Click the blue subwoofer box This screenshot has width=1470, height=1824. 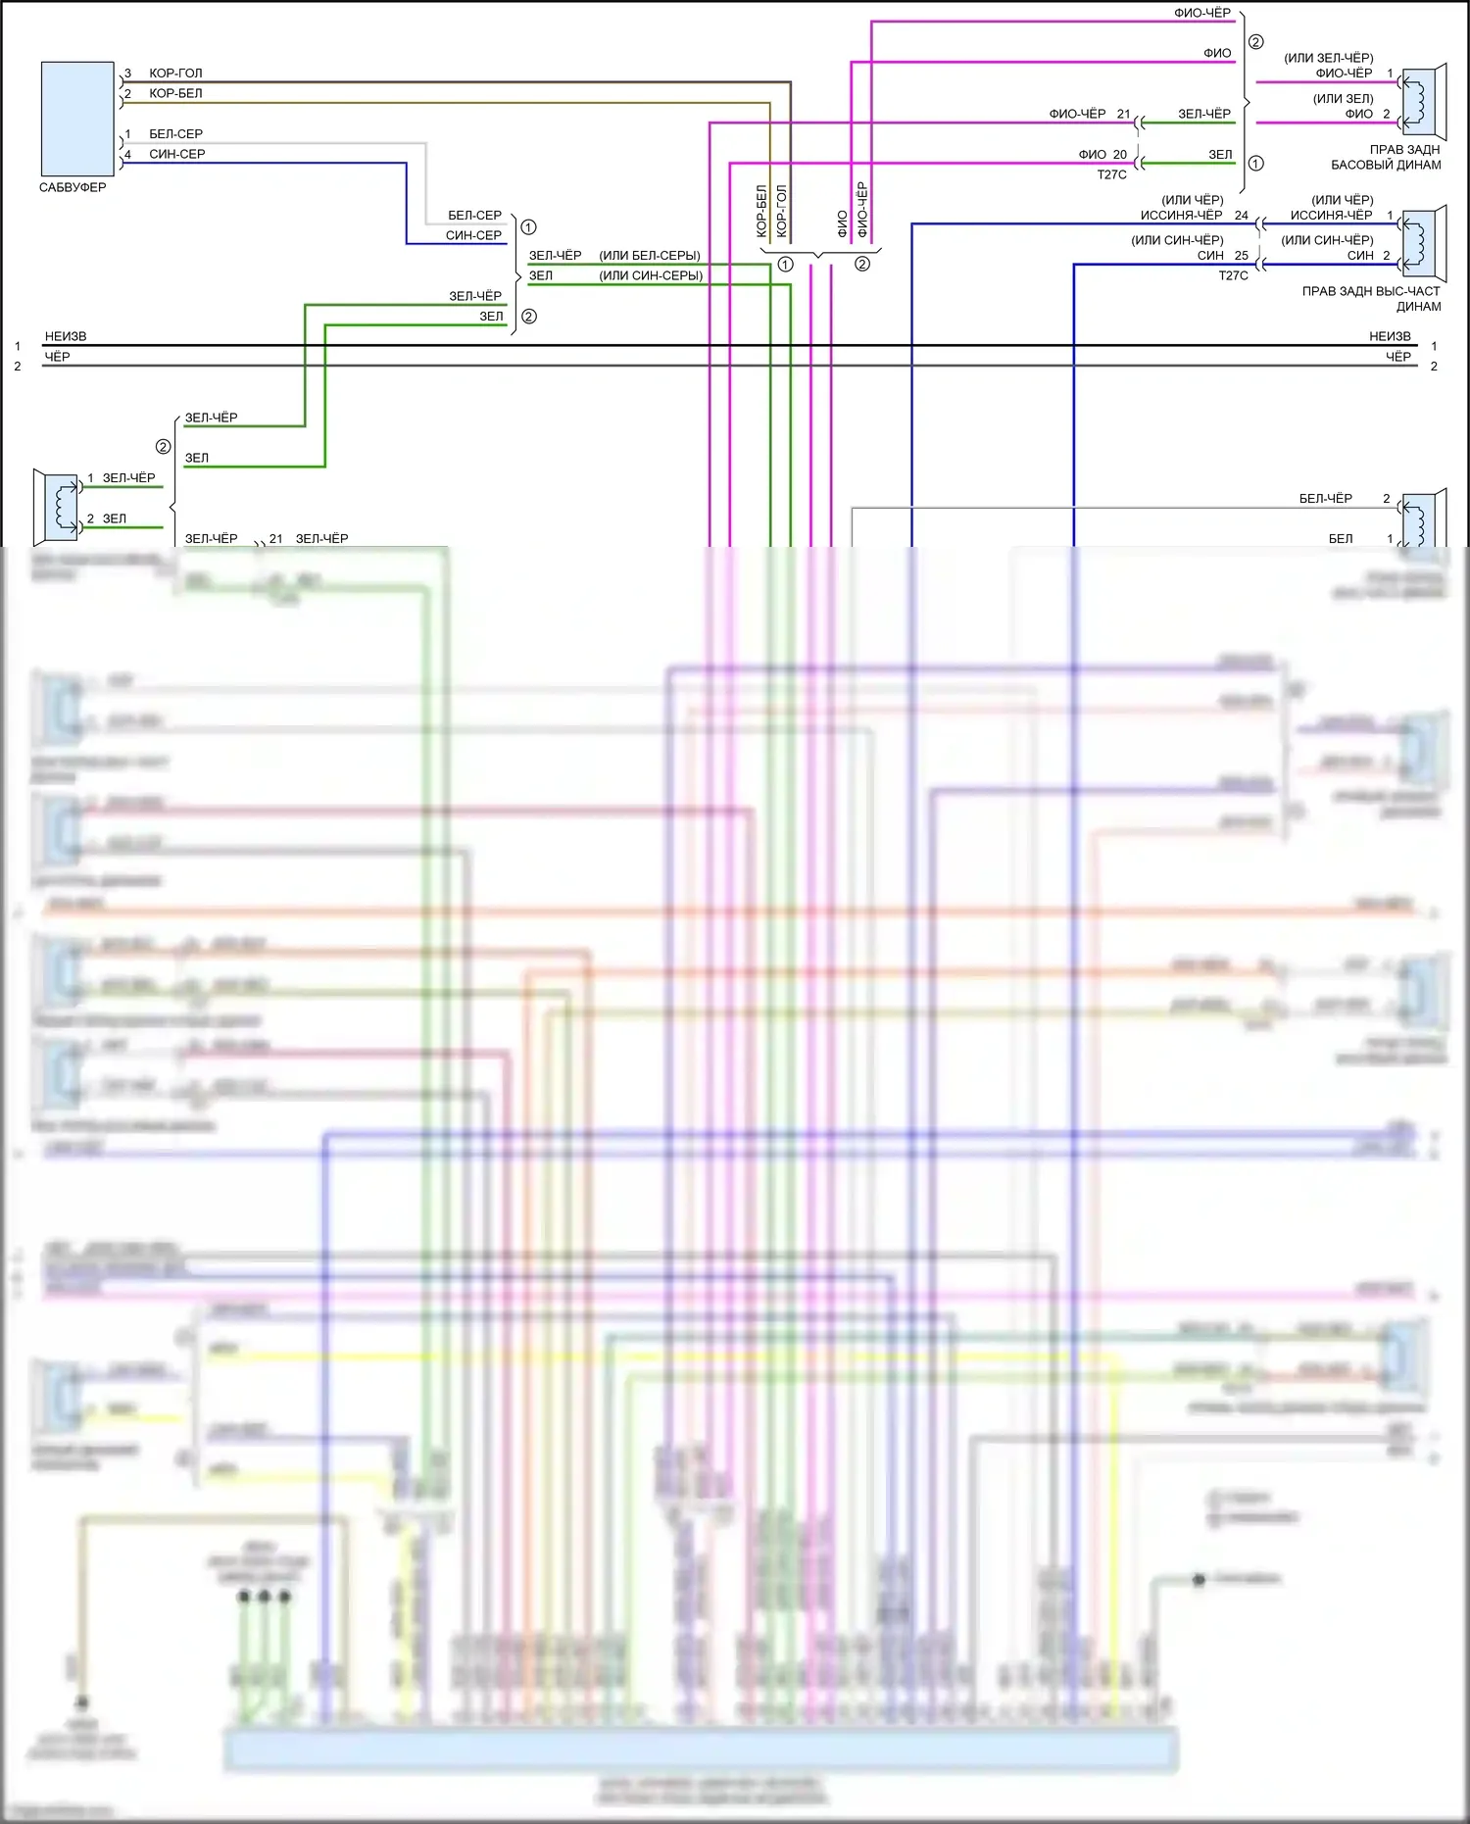(77, 119)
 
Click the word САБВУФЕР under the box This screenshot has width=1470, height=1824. (73, 187)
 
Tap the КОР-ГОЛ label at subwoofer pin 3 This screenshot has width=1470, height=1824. (175, 74)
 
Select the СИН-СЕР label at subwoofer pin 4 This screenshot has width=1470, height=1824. (176, 154)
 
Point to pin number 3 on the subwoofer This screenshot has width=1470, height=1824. (127, 74)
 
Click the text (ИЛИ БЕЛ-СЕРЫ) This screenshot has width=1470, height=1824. (650, 256)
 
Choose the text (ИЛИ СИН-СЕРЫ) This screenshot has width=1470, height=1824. (651, 275)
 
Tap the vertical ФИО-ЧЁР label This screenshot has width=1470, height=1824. (862, 210)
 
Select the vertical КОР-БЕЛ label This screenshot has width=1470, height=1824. (761, 211)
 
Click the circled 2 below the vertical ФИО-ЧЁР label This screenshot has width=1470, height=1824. (862, 264)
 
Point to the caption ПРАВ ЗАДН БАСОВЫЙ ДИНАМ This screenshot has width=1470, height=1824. (1386, 157)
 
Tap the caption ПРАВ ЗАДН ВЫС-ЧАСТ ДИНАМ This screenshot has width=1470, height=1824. (1371, 298)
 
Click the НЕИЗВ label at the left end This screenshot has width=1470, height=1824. (66, 336)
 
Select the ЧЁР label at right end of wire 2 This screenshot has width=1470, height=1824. (1398, 357)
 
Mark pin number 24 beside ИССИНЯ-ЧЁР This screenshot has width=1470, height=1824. (1242, 216)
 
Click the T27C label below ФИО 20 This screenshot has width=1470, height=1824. (1111, 174)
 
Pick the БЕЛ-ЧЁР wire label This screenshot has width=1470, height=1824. (1325, 499)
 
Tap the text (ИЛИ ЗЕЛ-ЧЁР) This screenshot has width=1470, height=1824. (1328, 58)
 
